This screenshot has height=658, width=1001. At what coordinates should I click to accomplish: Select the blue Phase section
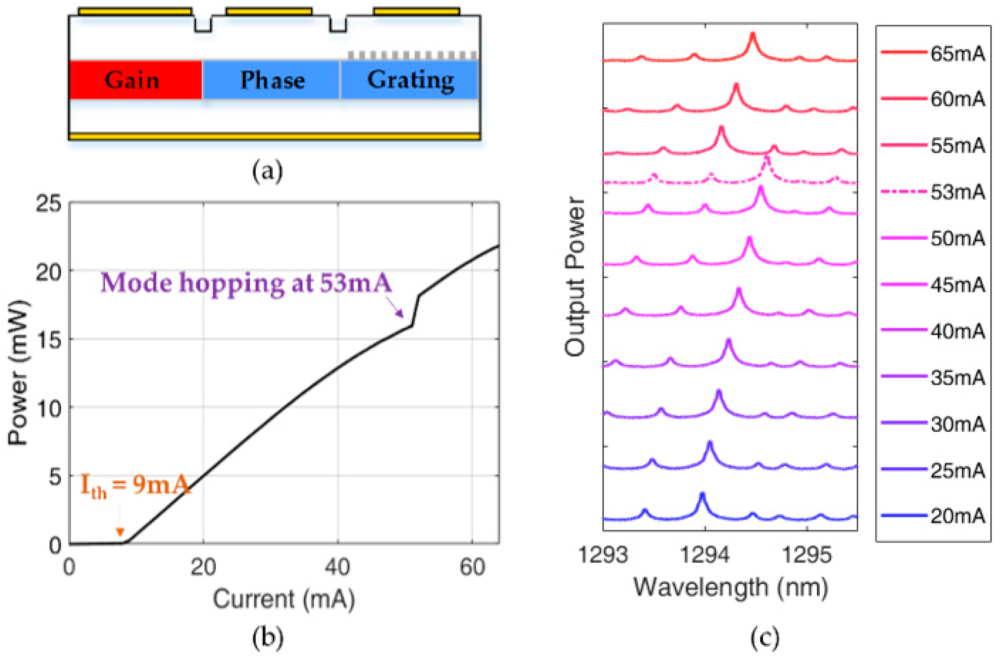click(x=271, y=80)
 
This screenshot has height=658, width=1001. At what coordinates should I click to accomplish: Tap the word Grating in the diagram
click(x=410, y=80)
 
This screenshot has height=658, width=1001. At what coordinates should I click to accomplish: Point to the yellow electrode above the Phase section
click(x=269, y=11)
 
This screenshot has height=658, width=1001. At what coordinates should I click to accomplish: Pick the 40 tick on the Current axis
click(x=337, y=567)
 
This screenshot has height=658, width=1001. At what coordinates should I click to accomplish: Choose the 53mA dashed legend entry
click(x=933, y=192)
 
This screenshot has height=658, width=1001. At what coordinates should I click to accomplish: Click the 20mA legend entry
click(x=933, y=515)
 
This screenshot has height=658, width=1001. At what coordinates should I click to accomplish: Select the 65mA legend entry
click(x=933, y=54)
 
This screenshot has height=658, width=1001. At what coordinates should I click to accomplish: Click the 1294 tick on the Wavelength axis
click(x=705, y=555)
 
